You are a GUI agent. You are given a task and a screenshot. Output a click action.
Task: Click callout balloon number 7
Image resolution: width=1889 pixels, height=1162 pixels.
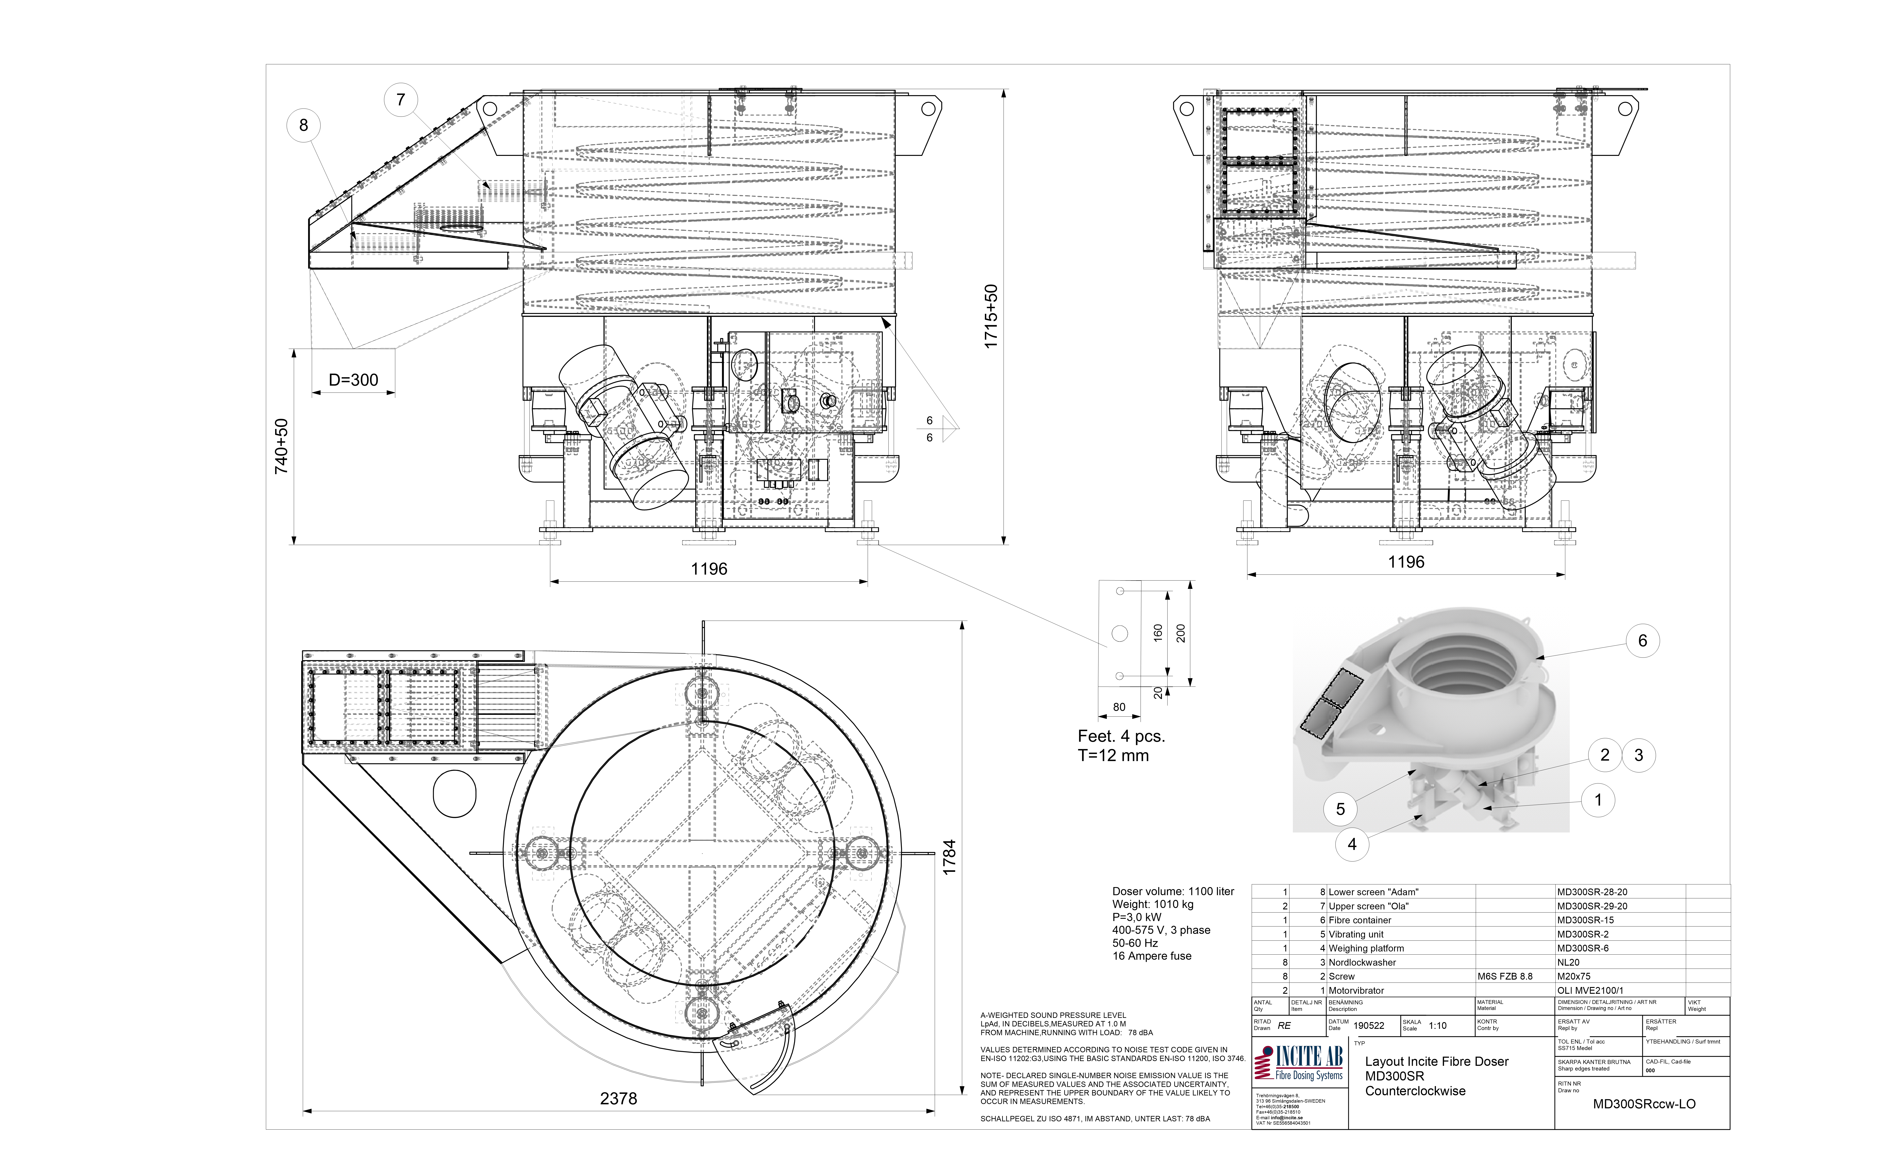[x=400, y=100]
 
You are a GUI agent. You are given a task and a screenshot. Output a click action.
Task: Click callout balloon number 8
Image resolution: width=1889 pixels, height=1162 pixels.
[x=303, y=125]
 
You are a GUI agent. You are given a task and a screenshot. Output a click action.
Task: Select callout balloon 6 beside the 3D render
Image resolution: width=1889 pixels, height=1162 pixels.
[x=1642, y=641]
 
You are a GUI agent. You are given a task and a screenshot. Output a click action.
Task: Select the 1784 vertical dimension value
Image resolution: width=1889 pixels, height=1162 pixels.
[x=950, y=857]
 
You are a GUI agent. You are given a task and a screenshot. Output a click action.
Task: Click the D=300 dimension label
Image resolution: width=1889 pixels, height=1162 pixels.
[x=353, y=380]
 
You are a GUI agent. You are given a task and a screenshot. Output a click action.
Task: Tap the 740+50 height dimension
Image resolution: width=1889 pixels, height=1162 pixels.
[x=282, y=446]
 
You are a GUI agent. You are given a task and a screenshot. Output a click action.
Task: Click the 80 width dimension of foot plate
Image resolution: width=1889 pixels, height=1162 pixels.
[x=1119, y=707]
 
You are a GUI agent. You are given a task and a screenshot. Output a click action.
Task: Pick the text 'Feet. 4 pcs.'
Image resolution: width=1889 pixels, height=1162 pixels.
[x=1121, y=736]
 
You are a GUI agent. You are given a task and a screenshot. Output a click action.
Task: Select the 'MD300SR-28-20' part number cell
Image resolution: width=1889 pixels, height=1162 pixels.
[x=1592, y=892]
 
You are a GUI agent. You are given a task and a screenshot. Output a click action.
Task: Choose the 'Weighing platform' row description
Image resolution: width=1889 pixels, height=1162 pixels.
[x=1366, y=948]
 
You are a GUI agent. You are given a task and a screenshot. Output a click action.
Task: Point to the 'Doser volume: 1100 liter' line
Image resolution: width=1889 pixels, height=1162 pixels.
[x=1173, y=891]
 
